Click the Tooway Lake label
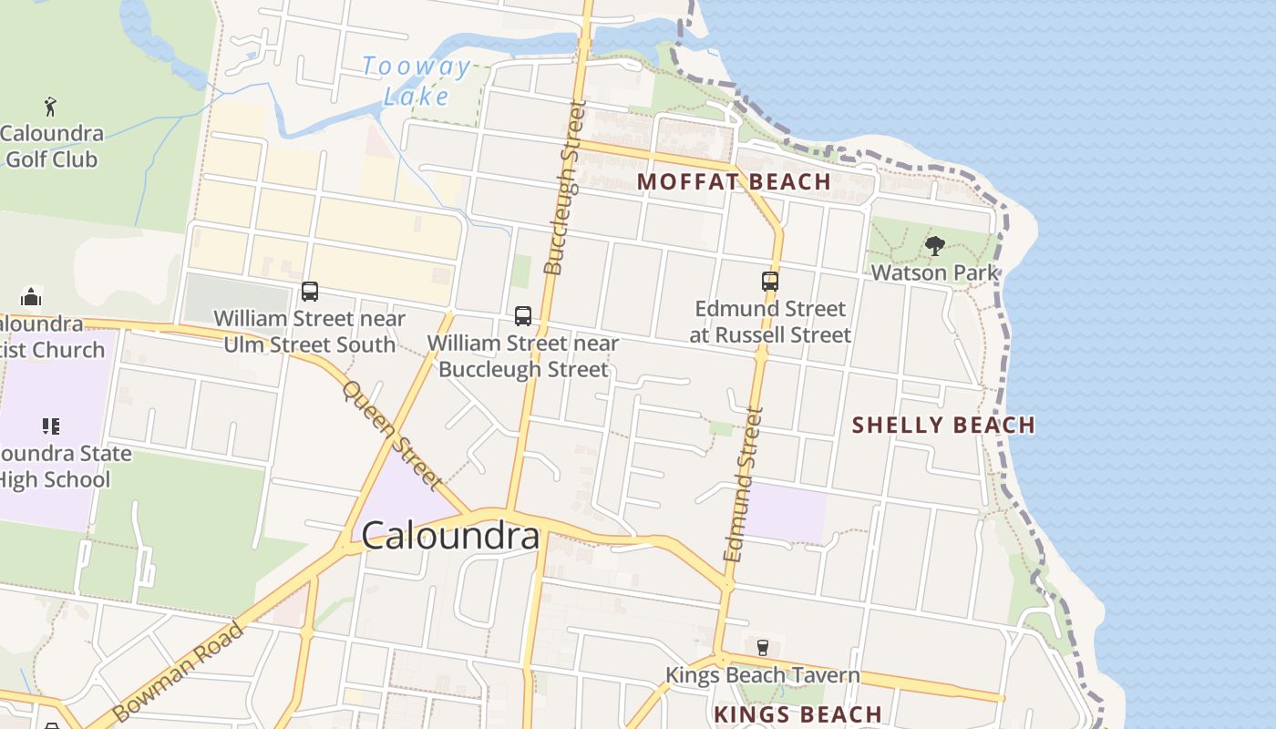(417, 80)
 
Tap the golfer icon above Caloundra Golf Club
(50, 107)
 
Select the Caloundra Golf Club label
(51, 146)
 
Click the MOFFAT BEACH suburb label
(734, 181)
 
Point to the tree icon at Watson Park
(934, 246)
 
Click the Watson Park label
(934, 272)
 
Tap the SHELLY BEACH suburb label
(943, 425)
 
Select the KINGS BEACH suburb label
(797, 714)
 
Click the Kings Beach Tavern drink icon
(763, 648)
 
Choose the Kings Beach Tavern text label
(762, 675)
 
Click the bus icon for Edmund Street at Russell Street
(770, 282)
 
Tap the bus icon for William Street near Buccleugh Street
(523, 316)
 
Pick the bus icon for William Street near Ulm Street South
(310, 292)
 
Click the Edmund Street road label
(742, 483)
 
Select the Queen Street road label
(393, 435)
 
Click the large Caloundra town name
(450, 536)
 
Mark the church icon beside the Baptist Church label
(31, 297)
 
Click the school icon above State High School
(51, 426)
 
